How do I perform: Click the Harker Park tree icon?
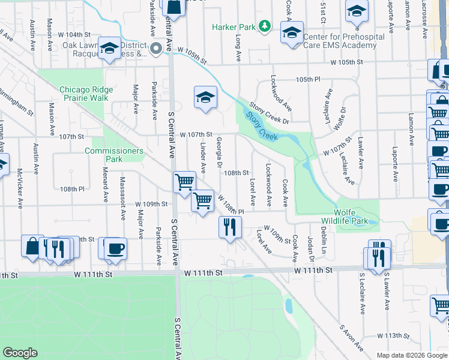pyautogui.click(x=264, y=27)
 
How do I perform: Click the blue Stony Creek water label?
pyautogui.click(x=261, y=124)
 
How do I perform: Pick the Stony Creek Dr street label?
pyautogui.click(x=270, y=112)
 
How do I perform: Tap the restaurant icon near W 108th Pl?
pyautogui.click(x=229, y=227)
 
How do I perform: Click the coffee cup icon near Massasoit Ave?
pyautogui.click(x=115, y=248)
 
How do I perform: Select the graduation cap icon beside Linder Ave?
pyautogui.click(x=205, y=98)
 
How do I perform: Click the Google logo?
pyautogui.click(x=20, y=353)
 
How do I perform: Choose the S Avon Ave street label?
pyautogui.click(x=352, y=338)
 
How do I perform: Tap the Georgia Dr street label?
pyautogui.click(x=220, y=152)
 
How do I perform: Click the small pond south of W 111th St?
pyautogui.click(x=289, y=307)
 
